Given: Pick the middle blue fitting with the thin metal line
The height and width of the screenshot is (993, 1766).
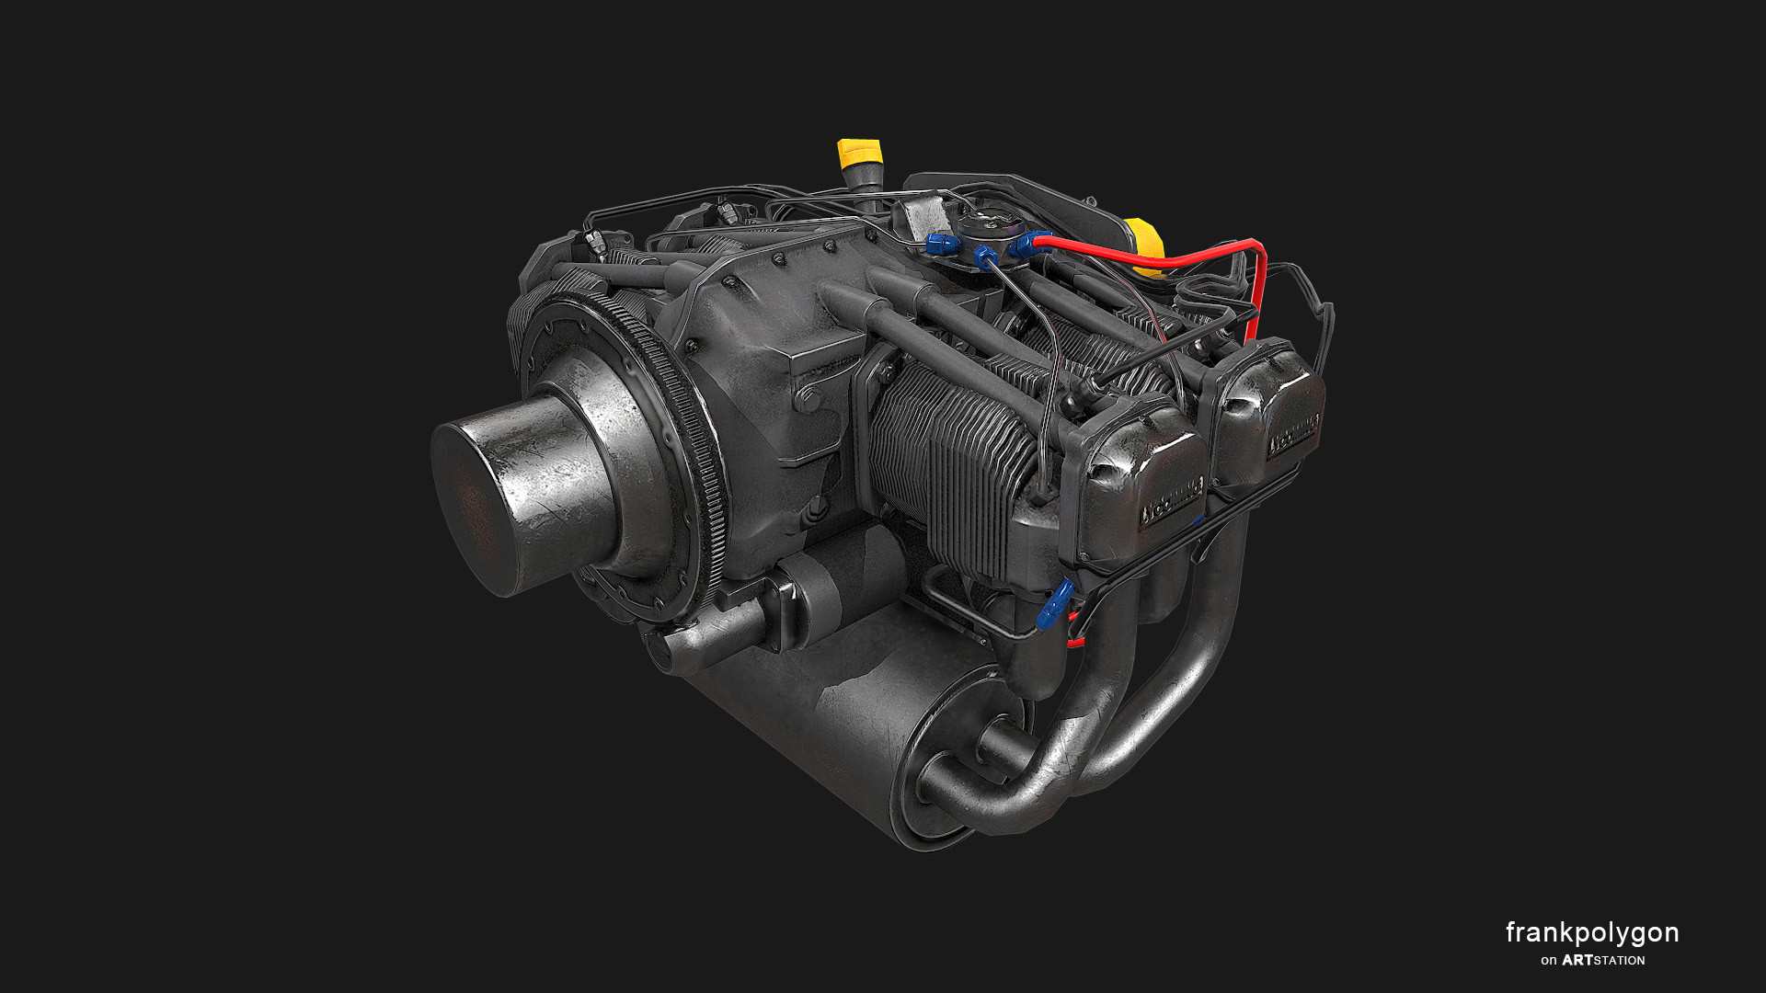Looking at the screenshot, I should (985, 257).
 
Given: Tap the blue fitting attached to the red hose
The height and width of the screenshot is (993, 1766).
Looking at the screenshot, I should (1025, 244).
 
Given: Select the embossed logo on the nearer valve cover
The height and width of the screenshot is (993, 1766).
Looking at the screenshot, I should (1172, 501).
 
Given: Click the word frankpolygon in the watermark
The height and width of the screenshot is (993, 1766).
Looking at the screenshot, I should (1591, 932).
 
